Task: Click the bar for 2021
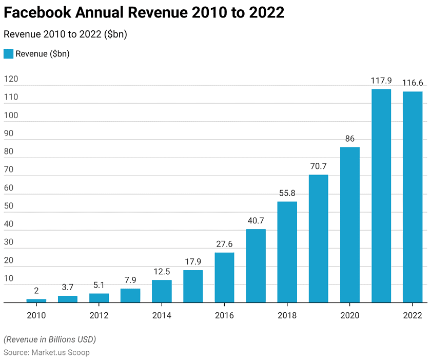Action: (381, 196)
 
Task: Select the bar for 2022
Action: (413, 197)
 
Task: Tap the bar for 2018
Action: (287, 252)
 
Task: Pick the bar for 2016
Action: (224, 277)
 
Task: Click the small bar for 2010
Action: (36, 301)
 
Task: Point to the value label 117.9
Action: (381, 81)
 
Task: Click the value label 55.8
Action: (287, 193)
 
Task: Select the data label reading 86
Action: (350, 139)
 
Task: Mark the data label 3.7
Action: (68, 288)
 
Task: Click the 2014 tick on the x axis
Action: (162, 315)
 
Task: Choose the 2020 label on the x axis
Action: (350, 315)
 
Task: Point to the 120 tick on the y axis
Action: (11, 79)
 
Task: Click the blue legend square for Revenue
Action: (8, 54)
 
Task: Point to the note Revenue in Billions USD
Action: (50, 339)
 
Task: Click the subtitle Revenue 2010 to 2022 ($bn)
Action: (65, 34)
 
